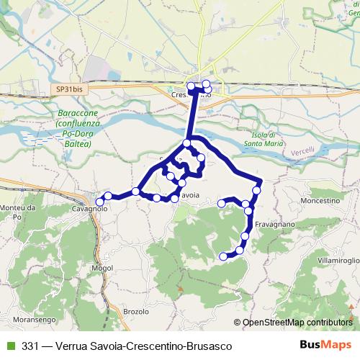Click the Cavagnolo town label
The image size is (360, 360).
click(x=89, y=209)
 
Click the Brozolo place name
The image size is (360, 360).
click(x=135, y=312)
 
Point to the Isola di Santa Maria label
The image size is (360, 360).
click(x=264, y=140)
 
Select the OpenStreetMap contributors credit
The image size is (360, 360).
click(x=297, y=322)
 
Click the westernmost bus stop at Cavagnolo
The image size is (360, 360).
click(x=100, y=202)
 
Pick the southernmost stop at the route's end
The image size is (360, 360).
click(x=223, y=256)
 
